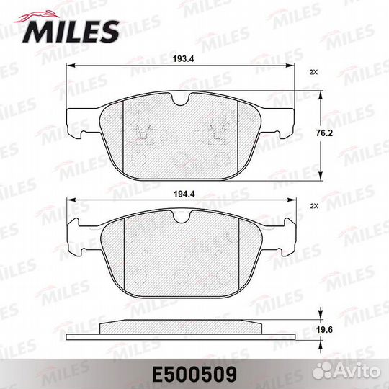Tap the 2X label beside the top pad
pyautogui.click(x=313, y=73)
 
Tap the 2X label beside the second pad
pyautogui.click(x=313, y=206)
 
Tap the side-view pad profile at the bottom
pyautogui.click(x=180, y=332)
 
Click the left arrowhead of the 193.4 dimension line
pyautogui.click(x=69, y=67)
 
